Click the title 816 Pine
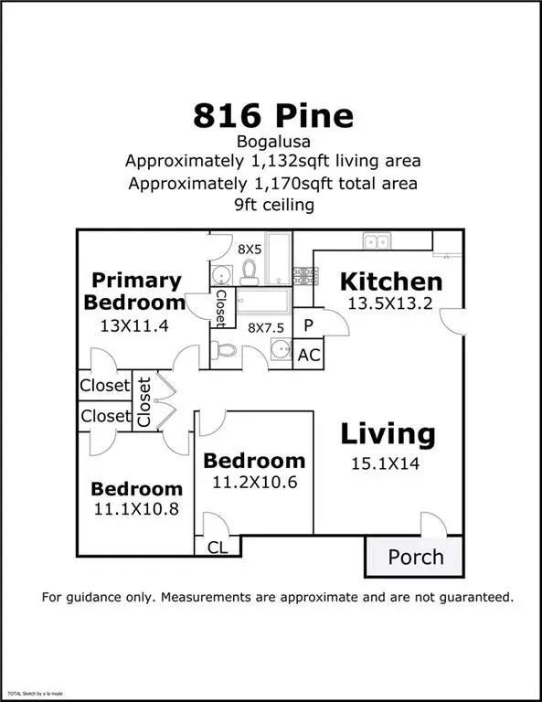(272, 116)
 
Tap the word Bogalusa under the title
(272, 142)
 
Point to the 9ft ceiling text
(272, 205)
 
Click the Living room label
(388, 433)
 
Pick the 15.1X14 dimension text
(386, 463)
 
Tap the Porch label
(416, 557)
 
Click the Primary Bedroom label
(136, 291)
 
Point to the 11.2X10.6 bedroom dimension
(254, 482)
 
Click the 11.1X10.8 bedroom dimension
(136, 510)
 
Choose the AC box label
(309, 356)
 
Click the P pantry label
(308, 325)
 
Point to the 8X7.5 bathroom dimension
(265, 327)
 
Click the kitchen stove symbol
(303, 273)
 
